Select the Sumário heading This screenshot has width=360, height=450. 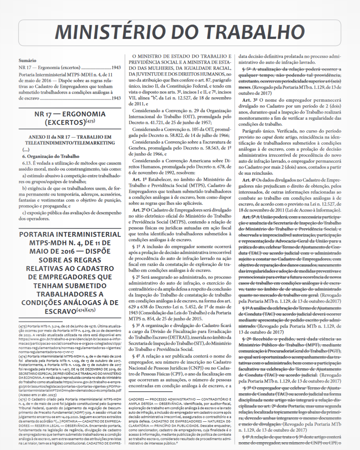(x=27, y=60)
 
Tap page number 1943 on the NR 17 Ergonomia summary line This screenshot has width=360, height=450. (x=116, y=67)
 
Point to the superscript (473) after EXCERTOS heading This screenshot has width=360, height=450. (x=90, y=121)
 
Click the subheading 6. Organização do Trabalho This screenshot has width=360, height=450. (x=51, y=156)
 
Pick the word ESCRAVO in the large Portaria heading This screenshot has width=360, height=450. (x=60, y=311)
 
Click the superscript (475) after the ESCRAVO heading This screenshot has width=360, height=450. (x=91, y=310)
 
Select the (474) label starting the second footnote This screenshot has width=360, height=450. (x=22, y=356)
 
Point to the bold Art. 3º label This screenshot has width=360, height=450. (x=250, y=100)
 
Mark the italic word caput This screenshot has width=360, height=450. (x=267, y=137)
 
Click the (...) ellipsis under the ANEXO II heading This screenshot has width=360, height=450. (x=26, y=149)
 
